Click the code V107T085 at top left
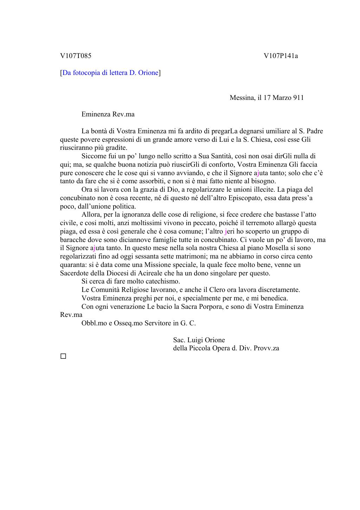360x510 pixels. pos(76,56)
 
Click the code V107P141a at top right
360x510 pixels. pos(281,56)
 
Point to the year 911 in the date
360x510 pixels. pos(298,97)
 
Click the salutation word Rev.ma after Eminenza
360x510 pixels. pos(123,114)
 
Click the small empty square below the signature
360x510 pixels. pos(63,356)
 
